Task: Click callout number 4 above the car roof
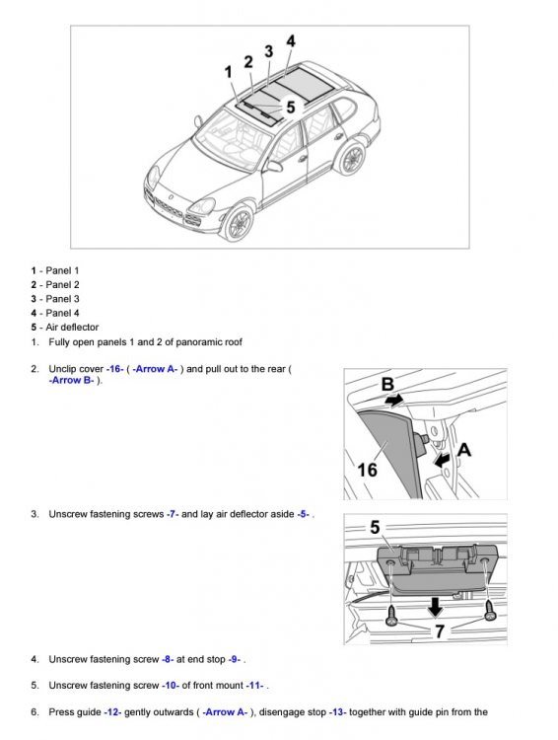(x=291, y=41)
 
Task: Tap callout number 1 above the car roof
(x=229, y=72)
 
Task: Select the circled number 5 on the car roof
(x=291, y=108)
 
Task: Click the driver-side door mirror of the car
(x=273, y=166)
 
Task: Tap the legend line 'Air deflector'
(x=72, y=327)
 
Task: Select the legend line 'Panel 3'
(x=62, y=299)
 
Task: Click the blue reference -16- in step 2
(x=115, y=369)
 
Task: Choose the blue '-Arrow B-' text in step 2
(x=71, y=380)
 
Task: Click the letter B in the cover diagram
(x=387, y=384)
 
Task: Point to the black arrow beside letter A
(x=442, y=459)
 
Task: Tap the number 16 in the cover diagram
(x=367, y=470)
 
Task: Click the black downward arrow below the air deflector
(x=435, y=607)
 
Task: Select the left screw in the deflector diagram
(x=392, y=616)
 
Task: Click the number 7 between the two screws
(x=439, y=631)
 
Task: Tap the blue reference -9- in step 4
(x=236, y=659)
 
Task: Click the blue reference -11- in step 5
(x=255, y=686)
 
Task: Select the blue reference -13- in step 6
(x=338, y=712)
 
